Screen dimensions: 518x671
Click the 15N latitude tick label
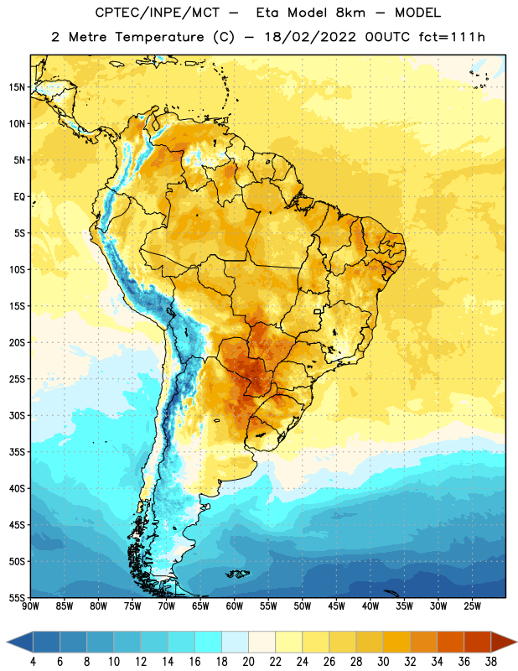17,87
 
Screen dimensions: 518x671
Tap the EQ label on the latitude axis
19,197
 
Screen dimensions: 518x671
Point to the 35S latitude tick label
17,452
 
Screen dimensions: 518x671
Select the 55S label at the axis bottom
17,598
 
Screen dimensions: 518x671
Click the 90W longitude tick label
30,606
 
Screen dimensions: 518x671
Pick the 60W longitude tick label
235,606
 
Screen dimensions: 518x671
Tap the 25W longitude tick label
472,606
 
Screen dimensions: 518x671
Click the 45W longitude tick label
336,606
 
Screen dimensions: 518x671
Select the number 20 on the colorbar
248,662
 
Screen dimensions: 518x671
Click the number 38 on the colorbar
491,662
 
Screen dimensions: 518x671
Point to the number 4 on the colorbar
33,662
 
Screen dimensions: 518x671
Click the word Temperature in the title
159,37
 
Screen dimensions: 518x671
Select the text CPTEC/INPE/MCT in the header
158,13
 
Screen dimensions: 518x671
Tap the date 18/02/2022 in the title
310,37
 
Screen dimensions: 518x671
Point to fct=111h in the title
452,37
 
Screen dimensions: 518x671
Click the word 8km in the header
350,13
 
